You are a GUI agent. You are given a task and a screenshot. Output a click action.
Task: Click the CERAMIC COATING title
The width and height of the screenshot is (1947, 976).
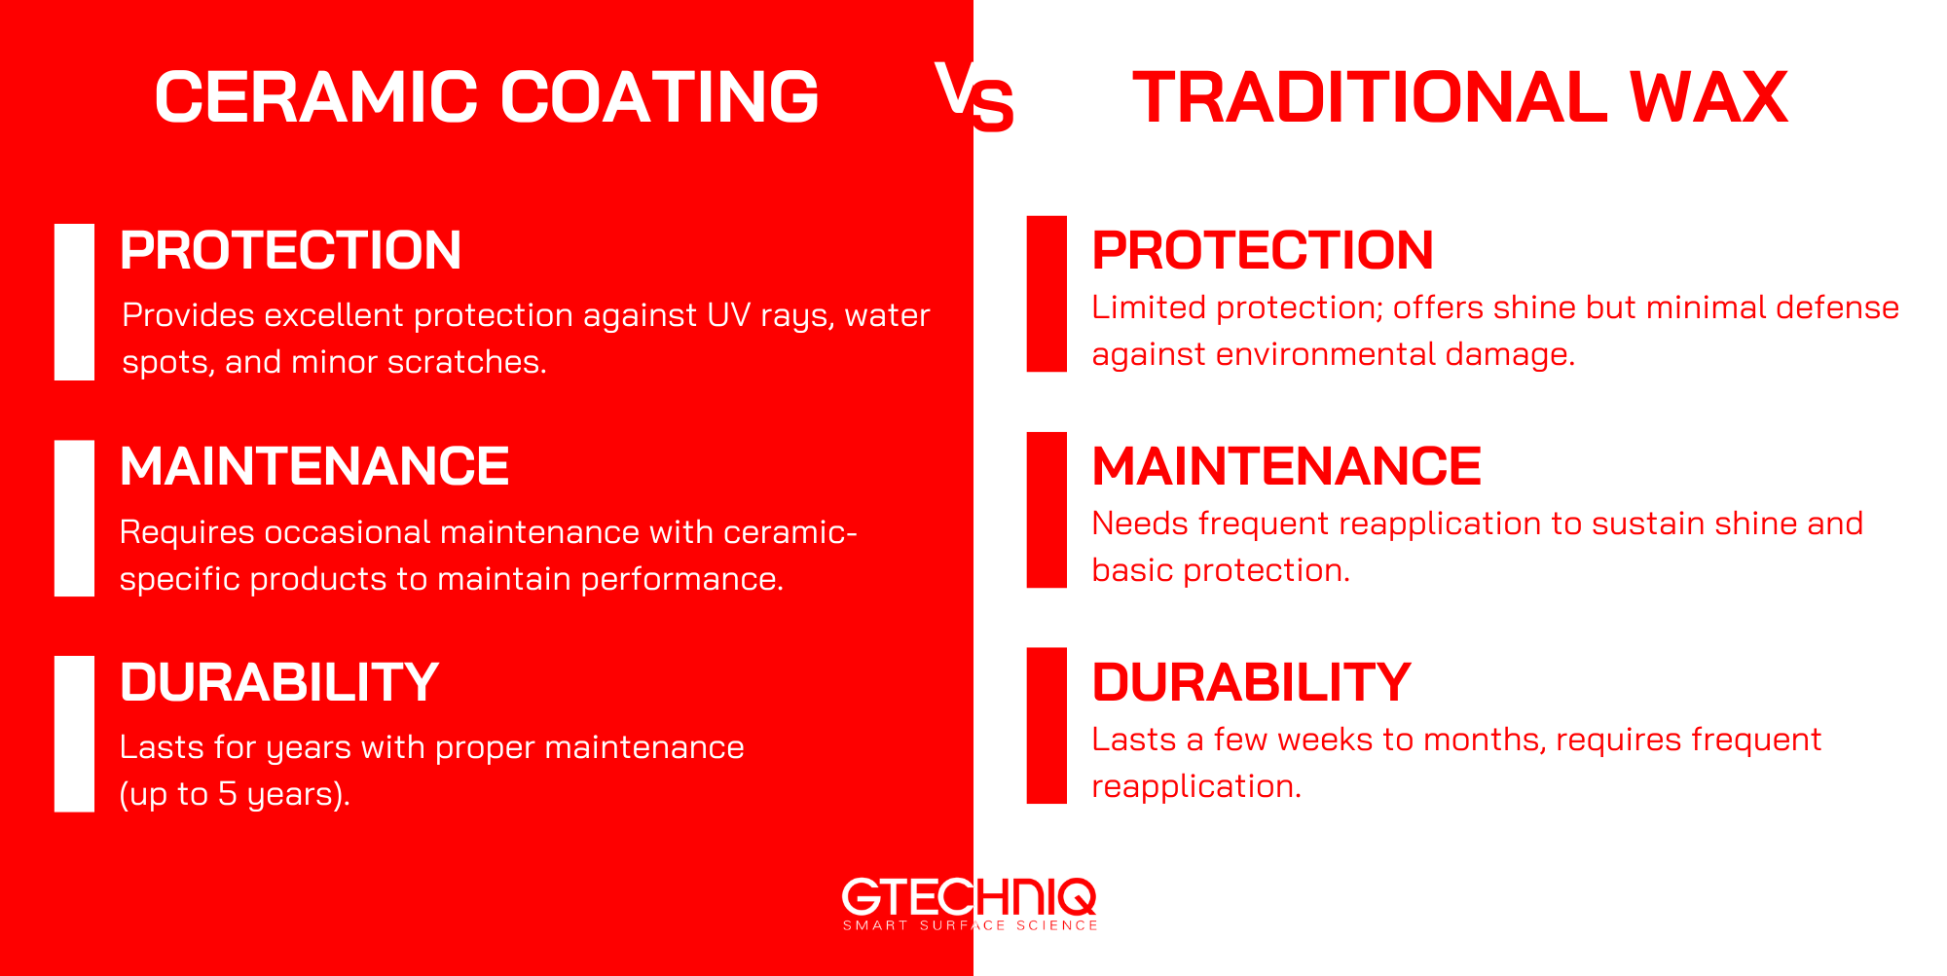click(487, 97)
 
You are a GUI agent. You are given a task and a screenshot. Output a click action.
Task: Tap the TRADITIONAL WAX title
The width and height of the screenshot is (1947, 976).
click(1460, 97)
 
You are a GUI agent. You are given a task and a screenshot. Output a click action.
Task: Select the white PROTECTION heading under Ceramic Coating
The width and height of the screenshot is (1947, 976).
click(290, 250)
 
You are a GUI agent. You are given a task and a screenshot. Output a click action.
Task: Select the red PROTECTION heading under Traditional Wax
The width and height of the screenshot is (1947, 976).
click(1262, 250)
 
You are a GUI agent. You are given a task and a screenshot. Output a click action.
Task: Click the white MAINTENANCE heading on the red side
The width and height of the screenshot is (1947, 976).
click(313, 466)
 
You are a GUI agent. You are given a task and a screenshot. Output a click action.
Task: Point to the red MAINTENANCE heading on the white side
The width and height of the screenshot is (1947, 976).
click(1286, 466)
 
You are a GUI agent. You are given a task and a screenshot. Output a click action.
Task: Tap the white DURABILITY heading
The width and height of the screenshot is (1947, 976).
click(278, 682)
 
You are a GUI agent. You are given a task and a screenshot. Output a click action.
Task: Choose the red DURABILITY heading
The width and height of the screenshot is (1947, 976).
click(1251, 682)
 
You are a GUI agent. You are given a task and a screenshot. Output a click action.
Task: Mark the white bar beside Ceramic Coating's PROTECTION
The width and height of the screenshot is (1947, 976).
click(74, 302)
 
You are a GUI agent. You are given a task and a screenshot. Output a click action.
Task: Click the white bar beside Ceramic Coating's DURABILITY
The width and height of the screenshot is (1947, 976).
click(74, 734)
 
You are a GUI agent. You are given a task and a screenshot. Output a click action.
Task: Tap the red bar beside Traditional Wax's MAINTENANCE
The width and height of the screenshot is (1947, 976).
click(1047, 510)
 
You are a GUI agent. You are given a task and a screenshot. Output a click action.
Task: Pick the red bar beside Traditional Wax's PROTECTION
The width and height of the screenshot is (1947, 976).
click(1047, 294)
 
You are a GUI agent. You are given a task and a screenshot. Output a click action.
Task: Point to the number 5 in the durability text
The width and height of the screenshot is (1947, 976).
click(227, 794)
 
